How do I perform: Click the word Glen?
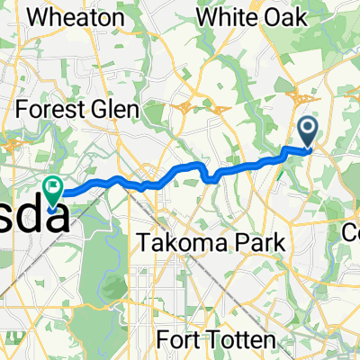click(114, 110)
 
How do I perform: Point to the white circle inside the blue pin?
click(308, 129)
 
